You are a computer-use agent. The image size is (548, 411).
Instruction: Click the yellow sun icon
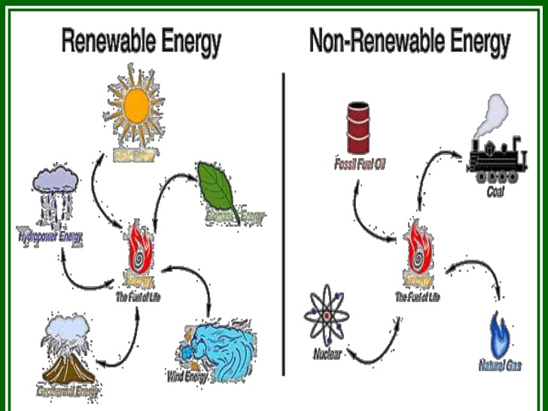[136, 107]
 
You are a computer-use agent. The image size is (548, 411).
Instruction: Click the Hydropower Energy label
[50, 237]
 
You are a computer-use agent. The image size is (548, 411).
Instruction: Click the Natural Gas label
[500, 366]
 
